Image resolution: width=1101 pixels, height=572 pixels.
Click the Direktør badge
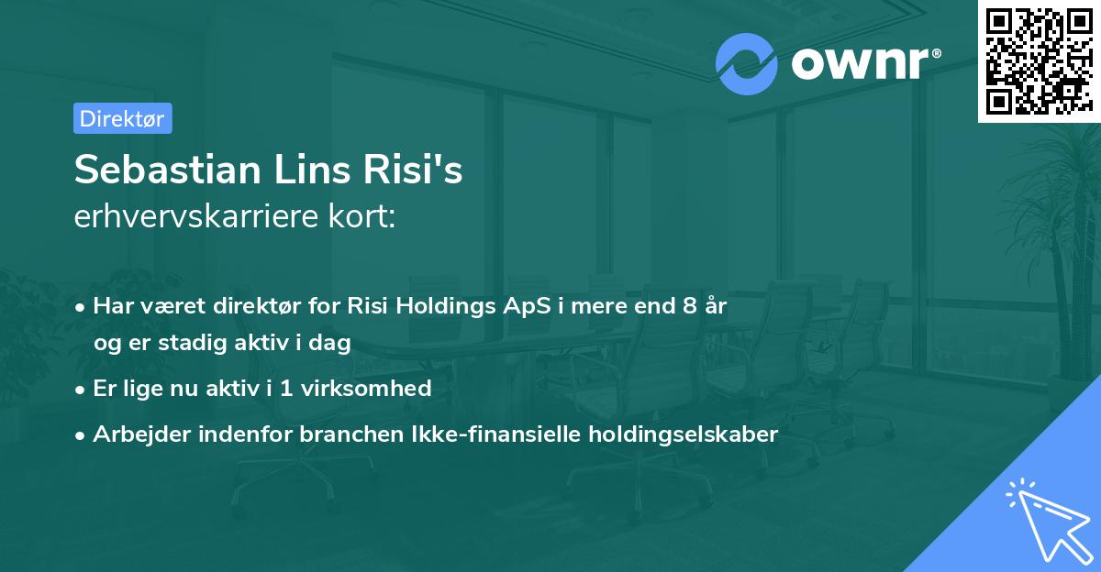(x=122, y=118)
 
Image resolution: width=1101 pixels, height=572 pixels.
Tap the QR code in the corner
(x=1039, y=60)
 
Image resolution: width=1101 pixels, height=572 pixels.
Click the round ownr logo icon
(x=747, y=63)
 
